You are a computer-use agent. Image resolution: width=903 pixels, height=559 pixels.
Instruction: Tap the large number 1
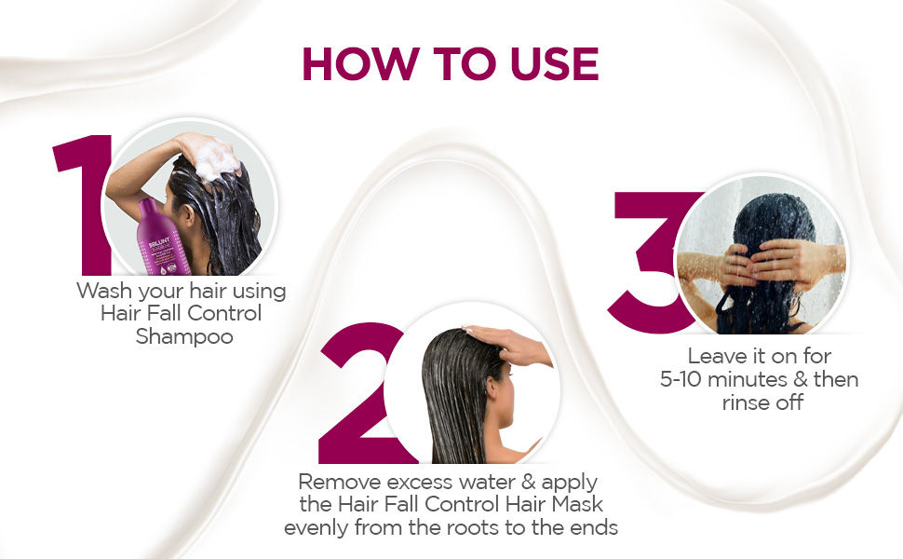tap(84, 205)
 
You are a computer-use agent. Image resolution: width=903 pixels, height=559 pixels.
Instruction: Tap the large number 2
tap(360, 393)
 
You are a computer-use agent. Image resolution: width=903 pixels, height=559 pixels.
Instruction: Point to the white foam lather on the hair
tap(215, 159)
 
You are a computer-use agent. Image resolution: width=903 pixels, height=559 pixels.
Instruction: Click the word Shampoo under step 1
tap(184, 336)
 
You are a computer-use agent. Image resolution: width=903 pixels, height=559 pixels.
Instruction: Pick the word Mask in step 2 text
tap(577, 504)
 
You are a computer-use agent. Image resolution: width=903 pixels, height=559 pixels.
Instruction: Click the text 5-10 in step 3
tap(681, 379)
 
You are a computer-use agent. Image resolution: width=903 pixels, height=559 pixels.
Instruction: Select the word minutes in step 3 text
tap(747, 379)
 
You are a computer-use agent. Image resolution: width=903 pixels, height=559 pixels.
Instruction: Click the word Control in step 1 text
tap(224, 313)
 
